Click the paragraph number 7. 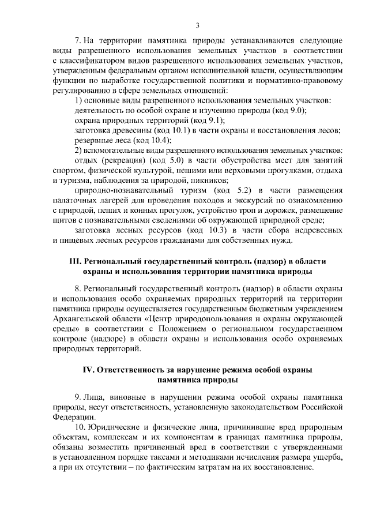tap(79, 41)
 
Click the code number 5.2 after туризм tap(245, 190)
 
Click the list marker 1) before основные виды tap(80, 101)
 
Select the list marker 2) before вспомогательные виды tap(80, 151)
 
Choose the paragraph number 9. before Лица tap(78, 397)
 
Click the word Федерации tap(71, 418)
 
